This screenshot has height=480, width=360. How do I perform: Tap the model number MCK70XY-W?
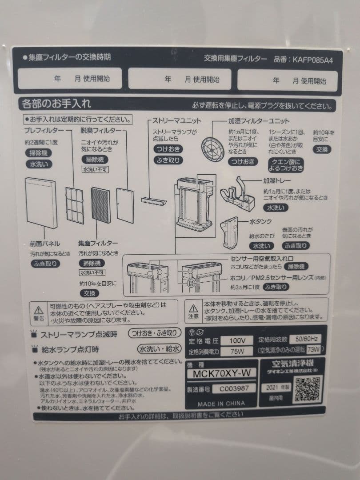pos(224,373)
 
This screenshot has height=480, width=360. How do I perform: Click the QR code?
pos(308,390)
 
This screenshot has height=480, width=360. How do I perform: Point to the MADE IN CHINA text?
pos(221,404)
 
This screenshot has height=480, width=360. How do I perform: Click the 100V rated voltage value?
pos(238,341)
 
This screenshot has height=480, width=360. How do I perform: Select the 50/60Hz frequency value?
pos(305,340)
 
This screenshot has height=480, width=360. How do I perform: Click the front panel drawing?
pos(41,202)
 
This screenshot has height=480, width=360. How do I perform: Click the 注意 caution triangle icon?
pos(193,308)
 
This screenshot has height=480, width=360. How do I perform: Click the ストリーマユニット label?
pos(176,120)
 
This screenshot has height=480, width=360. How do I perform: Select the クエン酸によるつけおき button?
pos(285,164)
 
